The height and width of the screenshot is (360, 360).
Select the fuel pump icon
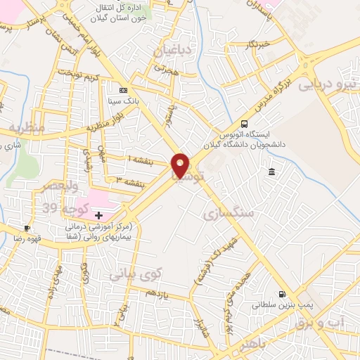[x=281, y=295]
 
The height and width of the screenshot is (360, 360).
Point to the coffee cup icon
[x=27, y=229]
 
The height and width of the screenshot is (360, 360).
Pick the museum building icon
[x=271, y=172]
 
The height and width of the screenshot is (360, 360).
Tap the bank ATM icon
[x=124, y=91]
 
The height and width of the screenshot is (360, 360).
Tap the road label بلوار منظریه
[x=103, y=127]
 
